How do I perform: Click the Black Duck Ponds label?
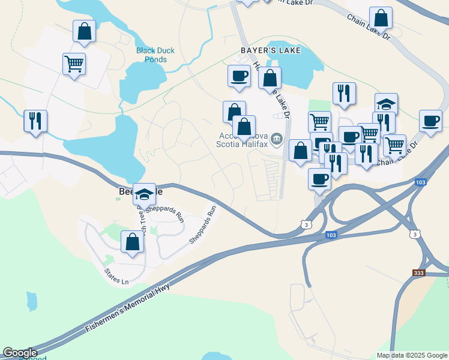pyautogui.click(x=155, y=55)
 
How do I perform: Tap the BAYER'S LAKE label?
pyautogui.click(x=271, y=51)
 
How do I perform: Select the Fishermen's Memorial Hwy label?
pyautogui.click(x=128, y=306)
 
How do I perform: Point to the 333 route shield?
pyautogui.click(x=420, y=273)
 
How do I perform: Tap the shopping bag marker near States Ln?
pyautogui.click(x=133, y=242)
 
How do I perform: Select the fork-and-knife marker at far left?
pyautogui.click(x=35, y=121)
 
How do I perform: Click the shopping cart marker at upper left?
pyautogui.click(x=74, y=64)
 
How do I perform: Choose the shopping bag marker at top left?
pyautogui.click(x=84, y=31)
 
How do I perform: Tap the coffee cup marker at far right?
pyautogui.click(x=430, y=120)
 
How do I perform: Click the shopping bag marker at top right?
pyautogui.click(x=381, y=18)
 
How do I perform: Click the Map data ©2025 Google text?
pyautogui.click(x=412, y=355)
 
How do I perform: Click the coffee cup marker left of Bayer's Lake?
pyautogui.click(x=239, y=76)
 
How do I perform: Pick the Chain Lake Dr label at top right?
pyautogui.click(x=368, y=27)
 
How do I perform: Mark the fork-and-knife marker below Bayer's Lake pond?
pyautogui.click(x=344, y=94)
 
